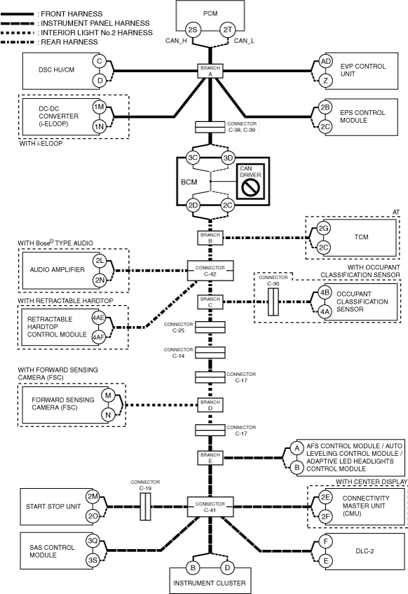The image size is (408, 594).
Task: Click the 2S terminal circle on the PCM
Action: (193, 29)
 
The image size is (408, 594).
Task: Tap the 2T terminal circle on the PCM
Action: (228, 29)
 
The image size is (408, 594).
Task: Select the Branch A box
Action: (210, 71)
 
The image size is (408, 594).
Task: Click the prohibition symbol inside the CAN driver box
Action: (250, 187)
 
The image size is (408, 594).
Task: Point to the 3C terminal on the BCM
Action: (193, 158)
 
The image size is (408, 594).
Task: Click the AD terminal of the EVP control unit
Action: (325, 62)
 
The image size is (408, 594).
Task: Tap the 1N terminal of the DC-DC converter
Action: (100, 126)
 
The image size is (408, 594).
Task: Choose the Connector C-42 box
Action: (210, 271)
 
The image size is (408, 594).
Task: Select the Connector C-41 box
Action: (210, 507)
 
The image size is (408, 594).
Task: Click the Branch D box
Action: (210, 405)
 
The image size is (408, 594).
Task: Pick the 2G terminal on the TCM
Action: (323, 229)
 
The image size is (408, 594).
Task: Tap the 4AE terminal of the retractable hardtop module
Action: (99, 318)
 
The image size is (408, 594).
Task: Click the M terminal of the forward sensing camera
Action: (108, 396)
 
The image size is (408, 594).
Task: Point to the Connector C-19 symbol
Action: (146, 506)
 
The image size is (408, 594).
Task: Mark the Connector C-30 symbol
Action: (273, 302)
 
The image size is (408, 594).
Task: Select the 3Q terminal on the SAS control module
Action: (93, 541)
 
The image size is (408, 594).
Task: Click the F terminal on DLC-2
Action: (325, 541)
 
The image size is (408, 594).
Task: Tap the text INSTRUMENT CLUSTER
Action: (210, 583)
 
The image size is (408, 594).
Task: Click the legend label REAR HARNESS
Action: (69, 42)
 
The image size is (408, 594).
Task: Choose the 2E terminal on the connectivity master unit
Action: (325, 497)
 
